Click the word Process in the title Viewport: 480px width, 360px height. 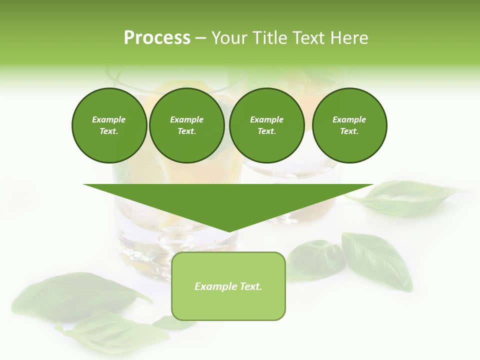tap(157, 38)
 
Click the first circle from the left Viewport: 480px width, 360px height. tap(109, 125)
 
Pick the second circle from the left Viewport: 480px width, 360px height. tap(186, 125)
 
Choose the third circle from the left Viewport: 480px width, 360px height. tap(266, 125)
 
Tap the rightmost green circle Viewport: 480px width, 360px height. tap(349, 125)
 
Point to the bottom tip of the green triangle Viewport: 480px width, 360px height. tap(228, 231)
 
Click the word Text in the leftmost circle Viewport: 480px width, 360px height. tap(108, 131)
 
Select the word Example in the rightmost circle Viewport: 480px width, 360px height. tap(349, 119)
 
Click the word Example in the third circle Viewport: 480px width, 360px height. tap(266, 119)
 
